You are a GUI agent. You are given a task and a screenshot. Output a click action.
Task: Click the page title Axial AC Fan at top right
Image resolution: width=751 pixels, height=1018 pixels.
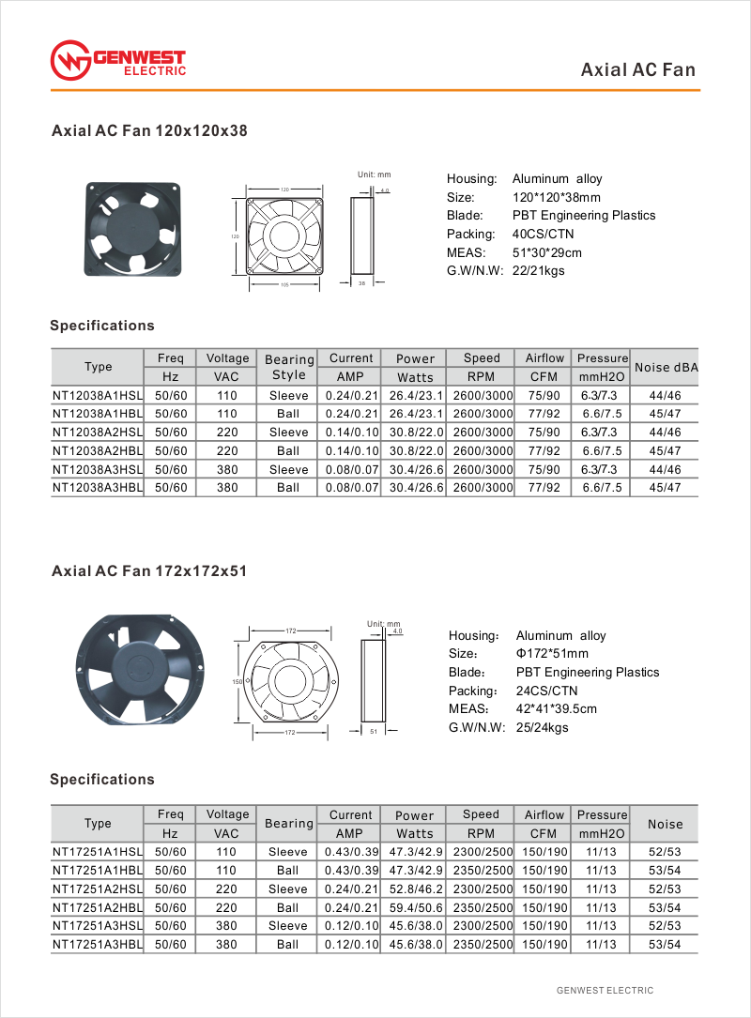pyautogui.click(x=638, y=69)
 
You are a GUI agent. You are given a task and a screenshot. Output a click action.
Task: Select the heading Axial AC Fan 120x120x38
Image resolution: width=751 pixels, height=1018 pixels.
pyautogui.click(x=149, y=131)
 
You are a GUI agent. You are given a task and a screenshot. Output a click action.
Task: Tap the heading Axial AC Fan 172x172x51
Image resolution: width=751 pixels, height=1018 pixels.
pyautogui.click(x=149, y=570)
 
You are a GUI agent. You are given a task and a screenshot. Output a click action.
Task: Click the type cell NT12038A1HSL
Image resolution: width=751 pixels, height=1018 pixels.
pyautogui.click(x=98, y=395)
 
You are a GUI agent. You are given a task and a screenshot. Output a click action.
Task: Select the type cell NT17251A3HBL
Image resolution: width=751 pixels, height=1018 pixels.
pyautogui.click(x=98, y=944)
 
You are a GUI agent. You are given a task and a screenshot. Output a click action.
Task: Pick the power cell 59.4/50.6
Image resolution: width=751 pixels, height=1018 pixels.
pyautogui.click(x=414, y=907)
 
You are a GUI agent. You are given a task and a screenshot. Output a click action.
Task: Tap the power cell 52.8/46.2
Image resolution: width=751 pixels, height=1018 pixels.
pyautogui.click(x=414, y=889)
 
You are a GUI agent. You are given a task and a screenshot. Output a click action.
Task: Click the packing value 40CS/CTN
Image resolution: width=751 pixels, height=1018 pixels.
pyautogui.click(x=543, y=234)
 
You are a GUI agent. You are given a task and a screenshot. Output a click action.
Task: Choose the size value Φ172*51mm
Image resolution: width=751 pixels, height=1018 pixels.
pyautogui.click(x=552, y=654)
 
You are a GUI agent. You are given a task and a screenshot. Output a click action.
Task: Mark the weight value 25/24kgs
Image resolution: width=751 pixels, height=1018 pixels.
pyautogui.click(x=542, y=727)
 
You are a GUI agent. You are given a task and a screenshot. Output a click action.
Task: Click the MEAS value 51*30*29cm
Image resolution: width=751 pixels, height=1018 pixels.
pyautogui.click(x=547, y=252)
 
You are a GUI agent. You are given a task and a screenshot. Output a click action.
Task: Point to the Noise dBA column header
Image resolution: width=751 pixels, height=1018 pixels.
pyautogui.click(x=666, y=368)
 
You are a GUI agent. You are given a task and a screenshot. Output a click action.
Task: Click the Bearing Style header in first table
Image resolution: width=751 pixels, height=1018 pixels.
pyautogui.click(x=288, y=367)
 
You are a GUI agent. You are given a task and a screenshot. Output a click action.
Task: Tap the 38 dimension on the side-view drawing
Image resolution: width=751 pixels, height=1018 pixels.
pyautogui.click(x=361, y=281)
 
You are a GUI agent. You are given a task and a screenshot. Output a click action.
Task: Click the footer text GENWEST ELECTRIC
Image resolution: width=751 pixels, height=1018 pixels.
pyautogui.click(x=605, y=990)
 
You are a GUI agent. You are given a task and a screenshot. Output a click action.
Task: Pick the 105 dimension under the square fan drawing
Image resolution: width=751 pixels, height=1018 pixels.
pyautogui.click(x=284, y=284)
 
